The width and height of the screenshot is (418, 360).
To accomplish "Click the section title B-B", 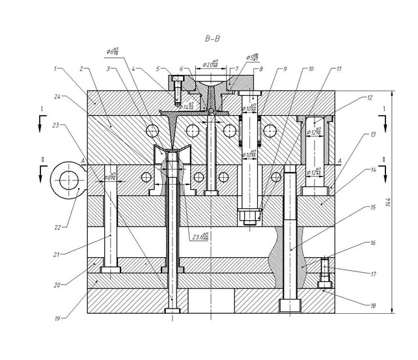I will tap(212, 39).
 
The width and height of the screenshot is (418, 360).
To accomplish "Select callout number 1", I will tap(57, 68).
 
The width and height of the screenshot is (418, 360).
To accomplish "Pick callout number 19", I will tap(57, 319).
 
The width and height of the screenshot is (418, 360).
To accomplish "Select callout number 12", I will tap(369, 98).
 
